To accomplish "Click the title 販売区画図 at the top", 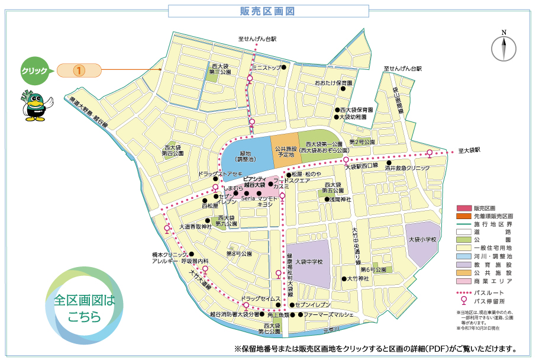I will click(x=268, y=11).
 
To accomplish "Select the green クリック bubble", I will click(x=34, y=70).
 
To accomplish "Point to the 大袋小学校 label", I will click(x=422, y=240).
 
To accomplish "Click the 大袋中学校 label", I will click(x=309, y=261).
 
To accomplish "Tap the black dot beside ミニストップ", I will click(x=284, y=67).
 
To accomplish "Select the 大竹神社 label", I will click(x=359, y=278).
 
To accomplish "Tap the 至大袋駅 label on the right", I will click(x=469, y=150).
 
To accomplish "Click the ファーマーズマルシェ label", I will click(x=328, y=314).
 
